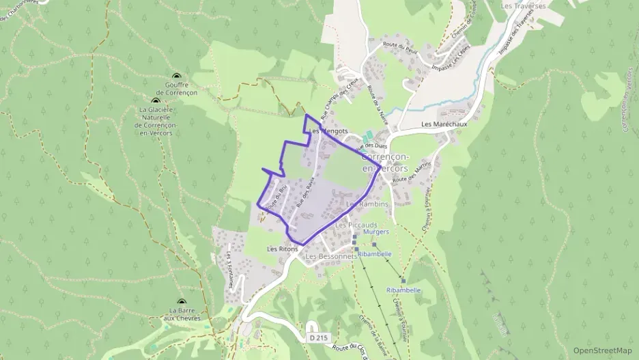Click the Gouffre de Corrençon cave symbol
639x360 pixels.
176,77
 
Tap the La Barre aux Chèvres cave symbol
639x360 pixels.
182,302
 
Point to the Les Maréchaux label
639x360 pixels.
444,124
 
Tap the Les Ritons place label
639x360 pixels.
283,249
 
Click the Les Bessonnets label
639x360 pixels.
331,256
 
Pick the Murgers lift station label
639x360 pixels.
376,232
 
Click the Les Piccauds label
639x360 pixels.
356,224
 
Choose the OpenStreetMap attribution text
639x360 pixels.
602,350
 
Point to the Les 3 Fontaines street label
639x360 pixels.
230,266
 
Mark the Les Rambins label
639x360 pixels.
367,204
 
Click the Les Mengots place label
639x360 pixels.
328,131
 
